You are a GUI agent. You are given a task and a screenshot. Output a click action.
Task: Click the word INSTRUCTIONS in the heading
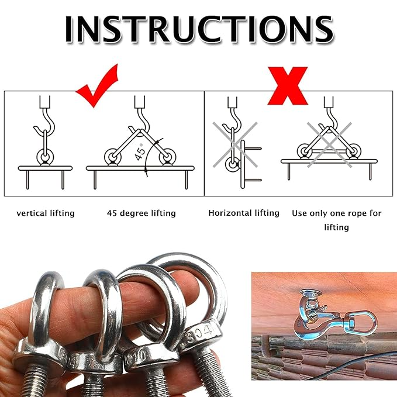199,30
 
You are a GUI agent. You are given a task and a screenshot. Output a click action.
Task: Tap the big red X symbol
288,85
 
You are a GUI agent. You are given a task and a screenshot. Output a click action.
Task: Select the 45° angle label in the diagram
140,151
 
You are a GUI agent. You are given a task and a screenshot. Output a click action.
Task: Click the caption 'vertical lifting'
46,213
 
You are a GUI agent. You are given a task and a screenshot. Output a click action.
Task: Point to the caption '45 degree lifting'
141,213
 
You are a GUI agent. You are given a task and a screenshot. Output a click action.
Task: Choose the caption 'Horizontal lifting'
244,213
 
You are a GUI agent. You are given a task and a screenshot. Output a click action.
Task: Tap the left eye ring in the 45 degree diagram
113,157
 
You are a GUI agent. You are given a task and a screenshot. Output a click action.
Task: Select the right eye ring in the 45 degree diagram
167,157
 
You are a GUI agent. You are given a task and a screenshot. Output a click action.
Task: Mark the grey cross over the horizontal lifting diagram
234,144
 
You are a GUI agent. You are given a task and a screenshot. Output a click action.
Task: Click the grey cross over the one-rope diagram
329,145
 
